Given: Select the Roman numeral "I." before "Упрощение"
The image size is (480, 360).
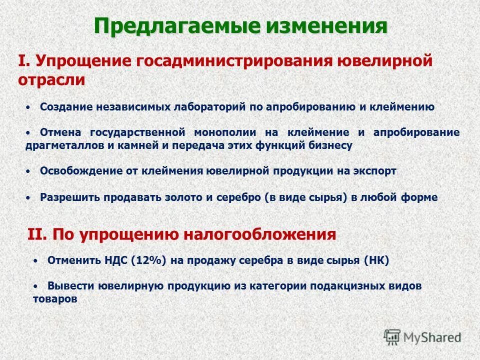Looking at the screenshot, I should [x=24, y=62].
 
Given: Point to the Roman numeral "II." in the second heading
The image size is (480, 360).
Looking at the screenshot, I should [x=36, y=234].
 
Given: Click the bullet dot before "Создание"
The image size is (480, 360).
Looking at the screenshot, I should [x=29, y=106].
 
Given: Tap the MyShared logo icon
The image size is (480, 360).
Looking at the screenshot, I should [x=392, y=337].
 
